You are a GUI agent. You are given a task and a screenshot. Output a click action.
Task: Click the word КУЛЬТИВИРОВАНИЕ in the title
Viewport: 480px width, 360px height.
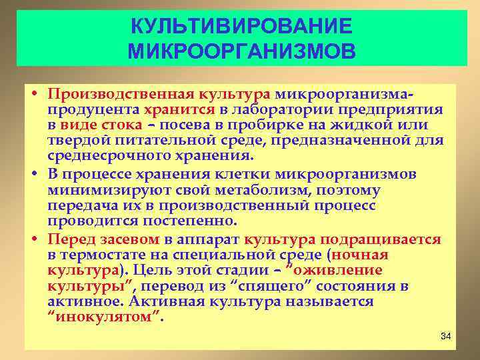tap(240, 27)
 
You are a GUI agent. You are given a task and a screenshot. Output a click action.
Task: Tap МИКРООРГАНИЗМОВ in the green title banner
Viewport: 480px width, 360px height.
tap(240, 51)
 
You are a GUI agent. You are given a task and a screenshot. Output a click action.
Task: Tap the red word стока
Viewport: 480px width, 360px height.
tap(123, 125)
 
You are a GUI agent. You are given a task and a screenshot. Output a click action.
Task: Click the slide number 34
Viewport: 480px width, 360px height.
tap(446, 335)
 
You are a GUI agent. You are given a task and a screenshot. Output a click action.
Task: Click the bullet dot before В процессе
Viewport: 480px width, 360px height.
tap(33, 175)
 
